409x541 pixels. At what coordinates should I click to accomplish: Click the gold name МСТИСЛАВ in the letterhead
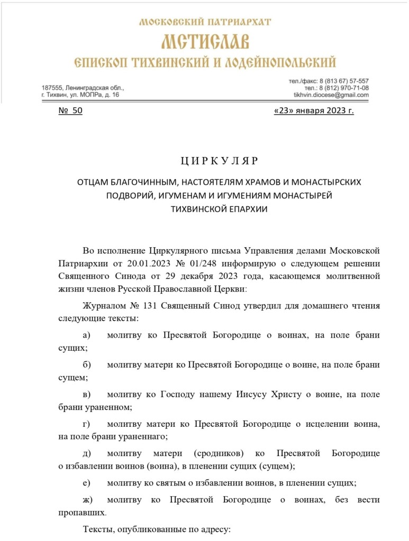(x=205, y=42)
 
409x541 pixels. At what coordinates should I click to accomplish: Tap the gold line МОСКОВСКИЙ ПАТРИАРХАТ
(x=205, y=22)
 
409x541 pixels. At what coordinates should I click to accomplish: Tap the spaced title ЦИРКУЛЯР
(x=217, y=160)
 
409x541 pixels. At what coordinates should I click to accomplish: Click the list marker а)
(x=87, y=335)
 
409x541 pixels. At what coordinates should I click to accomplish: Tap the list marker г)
(x=87, y=424)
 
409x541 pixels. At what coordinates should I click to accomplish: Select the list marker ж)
(x=87, y=499)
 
